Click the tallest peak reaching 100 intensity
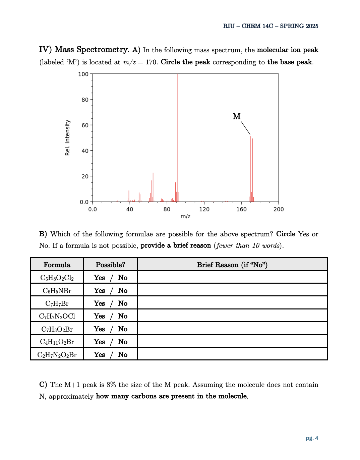click(x=177, y=134)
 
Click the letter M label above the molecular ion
click(x=237, y=116)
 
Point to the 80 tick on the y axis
click(x=85, y=100)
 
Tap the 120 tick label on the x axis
click(x=204, y=209)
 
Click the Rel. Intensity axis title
click(x=67, y=138)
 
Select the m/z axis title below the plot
click(x=185, y=216)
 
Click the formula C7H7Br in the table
click(x=57, y=303)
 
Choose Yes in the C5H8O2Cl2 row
click(x=99, y=278)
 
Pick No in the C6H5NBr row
click(x=123, y=291)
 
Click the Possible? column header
click(x=110, y=265)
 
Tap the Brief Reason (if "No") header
click(x=232, y=265)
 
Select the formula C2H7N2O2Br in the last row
click(x=57, y=355)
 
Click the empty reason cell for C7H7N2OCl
click(x=232, y=316)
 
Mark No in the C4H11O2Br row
click(x=123, y=342)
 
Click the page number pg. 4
click(x=312, y=438)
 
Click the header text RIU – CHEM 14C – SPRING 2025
click(x=271, y=26)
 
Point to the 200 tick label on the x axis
click(x=279, y=209)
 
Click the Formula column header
click(x=57, y=265)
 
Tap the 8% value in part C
click(x=111, y=385)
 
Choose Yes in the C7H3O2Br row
click(x=99, y=329)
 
